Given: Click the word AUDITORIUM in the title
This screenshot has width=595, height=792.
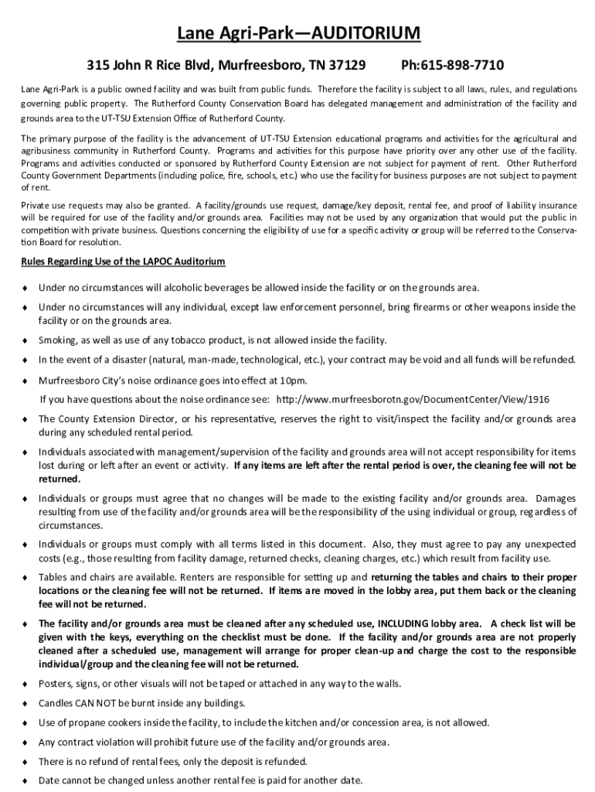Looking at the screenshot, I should (x=365, y=33).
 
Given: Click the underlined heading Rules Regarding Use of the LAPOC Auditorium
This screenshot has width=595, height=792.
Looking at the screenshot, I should (x=123, y=261).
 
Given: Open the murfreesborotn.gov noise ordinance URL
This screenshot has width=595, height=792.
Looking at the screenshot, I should (x=413, y=399).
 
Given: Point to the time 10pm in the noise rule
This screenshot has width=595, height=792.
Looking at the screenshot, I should (x=292, y=380).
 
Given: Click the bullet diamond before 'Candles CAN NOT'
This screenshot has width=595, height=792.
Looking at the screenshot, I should (x=25, y=703).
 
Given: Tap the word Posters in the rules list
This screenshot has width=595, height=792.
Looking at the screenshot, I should (x=56, y=684).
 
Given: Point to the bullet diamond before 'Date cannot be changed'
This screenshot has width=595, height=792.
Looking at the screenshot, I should (x=25, y=780).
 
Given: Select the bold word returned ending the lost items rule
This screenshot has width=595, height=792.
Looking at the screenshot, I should (x=59, y=478).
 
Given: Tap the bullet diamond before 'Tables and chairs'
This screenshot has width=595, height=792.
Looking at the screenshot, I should (x=25, y=577).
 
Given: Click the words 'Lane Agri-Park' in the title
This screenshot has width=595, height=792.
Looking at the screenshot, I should (x=223, y=33).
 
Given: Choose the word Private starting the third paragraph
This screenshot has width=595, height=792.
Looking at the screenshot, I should (x=37, y=205).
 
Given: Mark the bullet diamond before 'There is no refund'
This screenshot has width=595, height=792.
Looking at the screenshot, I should (x=25, y=760).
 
